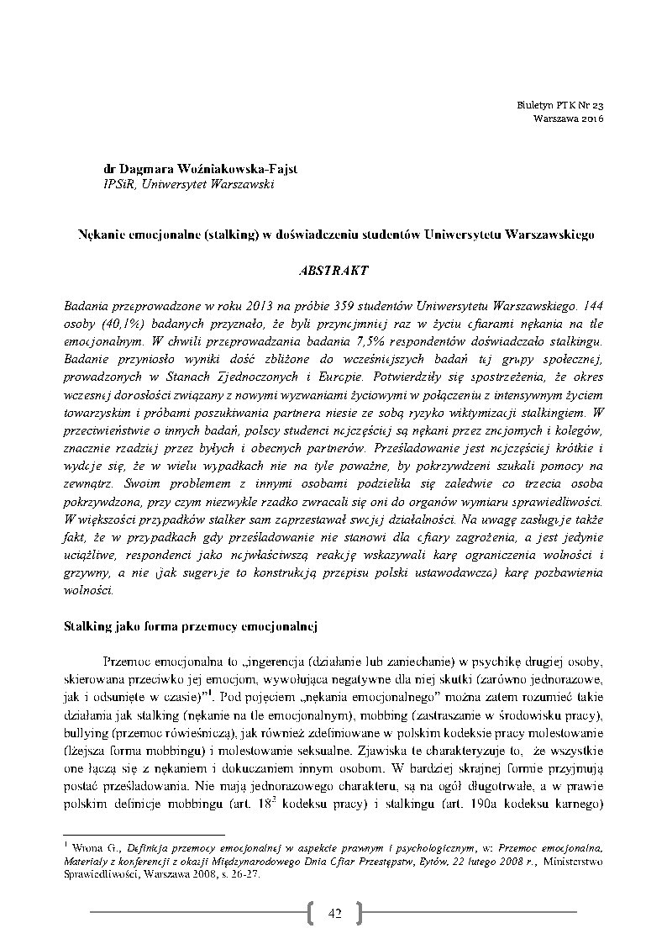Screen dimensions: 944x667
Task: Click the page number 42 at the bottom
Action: click(333, 913)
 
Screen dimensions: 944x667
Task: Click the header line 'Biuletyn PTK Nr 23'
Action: click(562, 105)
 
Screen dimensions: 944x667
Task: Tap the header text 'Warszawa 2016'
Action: click(569, 119)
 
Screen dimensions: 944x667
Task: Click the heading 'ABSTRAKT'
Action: click(332, 272)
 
